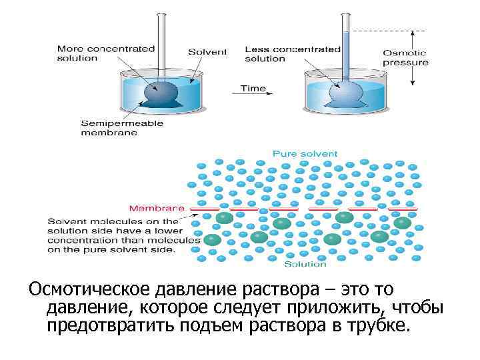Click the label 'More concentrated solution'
105,53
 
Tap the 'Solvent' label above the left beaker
207,52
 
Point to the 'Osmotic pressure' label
405,58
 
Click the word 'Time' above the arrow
253,88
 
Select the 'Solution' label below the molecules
305,264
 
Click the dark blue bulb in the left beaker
161,91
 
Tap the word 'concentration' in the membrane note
77,240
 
